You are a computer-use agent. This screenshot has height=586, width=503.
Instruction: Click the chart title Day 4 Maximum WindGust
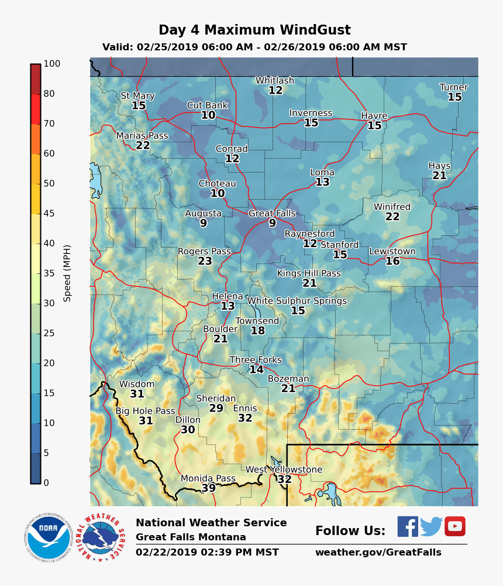(254, 30)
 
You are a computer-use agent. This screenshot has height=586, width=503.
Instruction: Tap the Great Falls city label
(272, 214)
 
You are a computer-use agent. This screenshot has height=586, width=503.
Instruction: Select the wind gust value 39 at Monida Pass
(208, 488)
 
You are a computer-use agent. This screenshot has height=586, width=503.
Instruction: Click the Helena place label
(228, 296)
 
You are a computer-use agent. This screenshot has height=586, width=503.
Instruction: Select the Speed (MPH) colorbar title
(67, 273)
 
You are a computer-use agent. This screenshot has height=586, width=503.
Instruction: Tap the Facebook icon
(408, 526)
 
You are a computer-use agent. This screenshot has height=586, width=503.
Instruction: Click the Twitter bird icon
(431, 526)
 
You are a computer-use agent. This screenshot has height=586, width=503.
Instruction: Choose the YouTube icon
(454, 526)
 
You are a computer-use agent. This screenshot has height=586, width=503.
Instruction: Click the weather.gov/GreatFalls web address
(378, 552)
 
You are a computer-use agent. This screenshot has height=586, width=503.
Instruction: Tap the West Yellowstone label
(284, 470)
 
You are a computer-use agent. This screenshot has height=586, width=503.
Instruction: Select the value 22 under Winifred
(392, 217)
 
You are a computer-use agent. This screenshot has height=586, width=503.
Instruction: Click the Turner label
(454, 87)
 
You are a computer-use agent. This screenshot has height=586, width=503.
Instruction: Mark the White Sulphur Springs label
(297, 301)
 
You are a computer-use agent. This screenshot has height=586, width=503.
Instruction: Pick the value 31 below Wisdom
(137, 394)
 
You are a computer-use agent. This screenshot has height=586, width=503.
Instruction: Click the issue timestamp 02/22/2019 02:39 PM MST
(207, 552)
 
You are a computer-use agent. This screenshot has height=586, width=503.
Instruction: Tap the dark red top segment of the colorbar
(36, 78)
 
